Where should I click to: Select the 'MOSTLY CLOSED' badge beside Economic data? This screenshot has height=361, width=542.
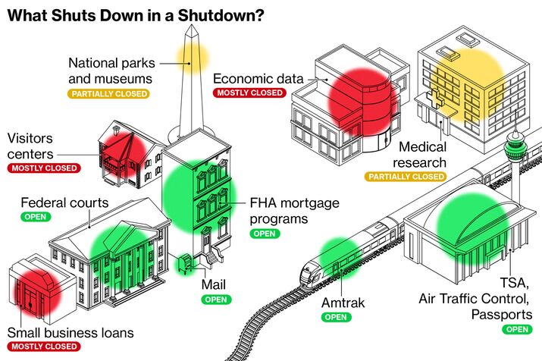[x=249, y=93]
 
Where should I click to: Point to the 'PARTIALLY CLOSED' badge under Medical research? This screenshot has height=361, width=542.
[x=406, y=176]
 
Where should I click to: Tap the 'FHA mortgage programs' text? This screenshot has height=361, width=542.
[x=295, y=212]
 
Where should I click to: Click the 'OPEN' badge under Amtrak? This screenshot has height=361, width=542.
[x=336, y=317]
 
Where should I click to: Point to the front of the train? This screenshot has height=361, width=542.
[x=309, y=272]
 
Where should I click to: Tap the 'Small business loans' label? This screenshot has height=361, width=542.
[x=70, y=332]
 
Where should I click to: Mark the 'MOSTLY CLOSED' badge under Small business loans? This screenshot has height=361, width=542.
[x=44, y=347]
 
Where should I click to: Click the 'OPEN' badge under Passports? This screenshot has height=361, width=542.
[x=517, y=329]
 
